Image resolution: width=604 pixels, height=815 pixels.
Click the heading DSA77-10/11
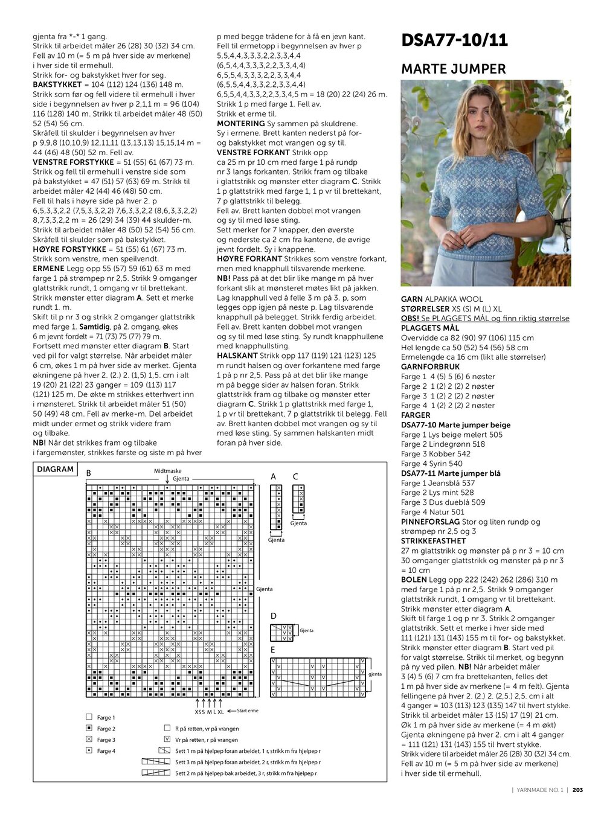click(454, 40)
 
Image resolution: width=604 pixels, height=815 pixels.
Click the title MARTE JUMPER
click(454, 69)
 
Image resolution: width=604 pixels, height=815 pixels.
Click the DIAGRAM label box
click(55, 469)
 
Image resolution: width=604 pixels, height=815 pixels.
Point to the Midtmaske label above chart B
click(167, 471)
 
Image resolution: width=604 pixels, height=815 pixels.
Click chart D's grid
click(281, 633)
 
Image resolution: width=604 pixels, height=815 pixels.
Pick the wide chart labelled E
click(318, 677)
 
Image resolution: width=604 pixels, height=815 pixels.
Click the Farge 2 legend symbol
click(89, 729)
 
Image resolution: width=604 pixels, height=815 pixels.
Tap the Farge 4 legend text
click(106, 751)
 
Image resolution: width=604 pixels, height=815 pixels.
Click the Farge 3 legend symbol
click(89, 740)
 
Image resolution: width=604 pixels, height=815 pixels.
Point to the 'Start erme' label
click(247, 711)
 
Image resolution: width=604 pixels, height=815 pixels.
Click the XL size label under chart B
click(220, 712)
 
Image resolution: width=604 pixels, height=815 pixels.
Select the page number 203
click(577, 790)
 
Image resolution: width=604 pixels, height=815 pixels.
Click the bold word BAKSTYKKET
click(57, 85)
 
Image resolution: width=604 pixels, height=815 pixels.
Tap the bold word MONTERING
click(240, 123)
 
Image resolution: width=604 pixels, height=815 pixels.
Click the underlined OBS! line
click(485, 318)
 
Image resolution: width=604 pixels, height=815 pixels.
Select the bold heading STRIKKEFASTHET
click(434, 541)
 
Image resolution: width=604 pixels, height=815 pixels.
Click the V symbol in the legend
click(167, 740)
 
